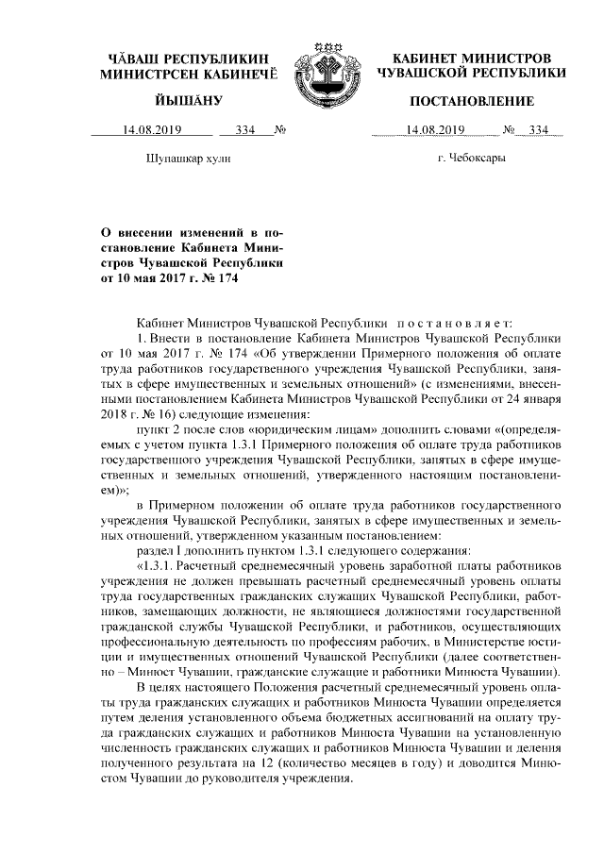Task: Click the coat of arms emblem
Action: [319, 68]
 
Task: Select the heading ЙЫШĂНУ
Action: [189, 100]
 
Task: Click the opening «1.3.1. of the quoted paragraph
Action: [158, 565]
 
